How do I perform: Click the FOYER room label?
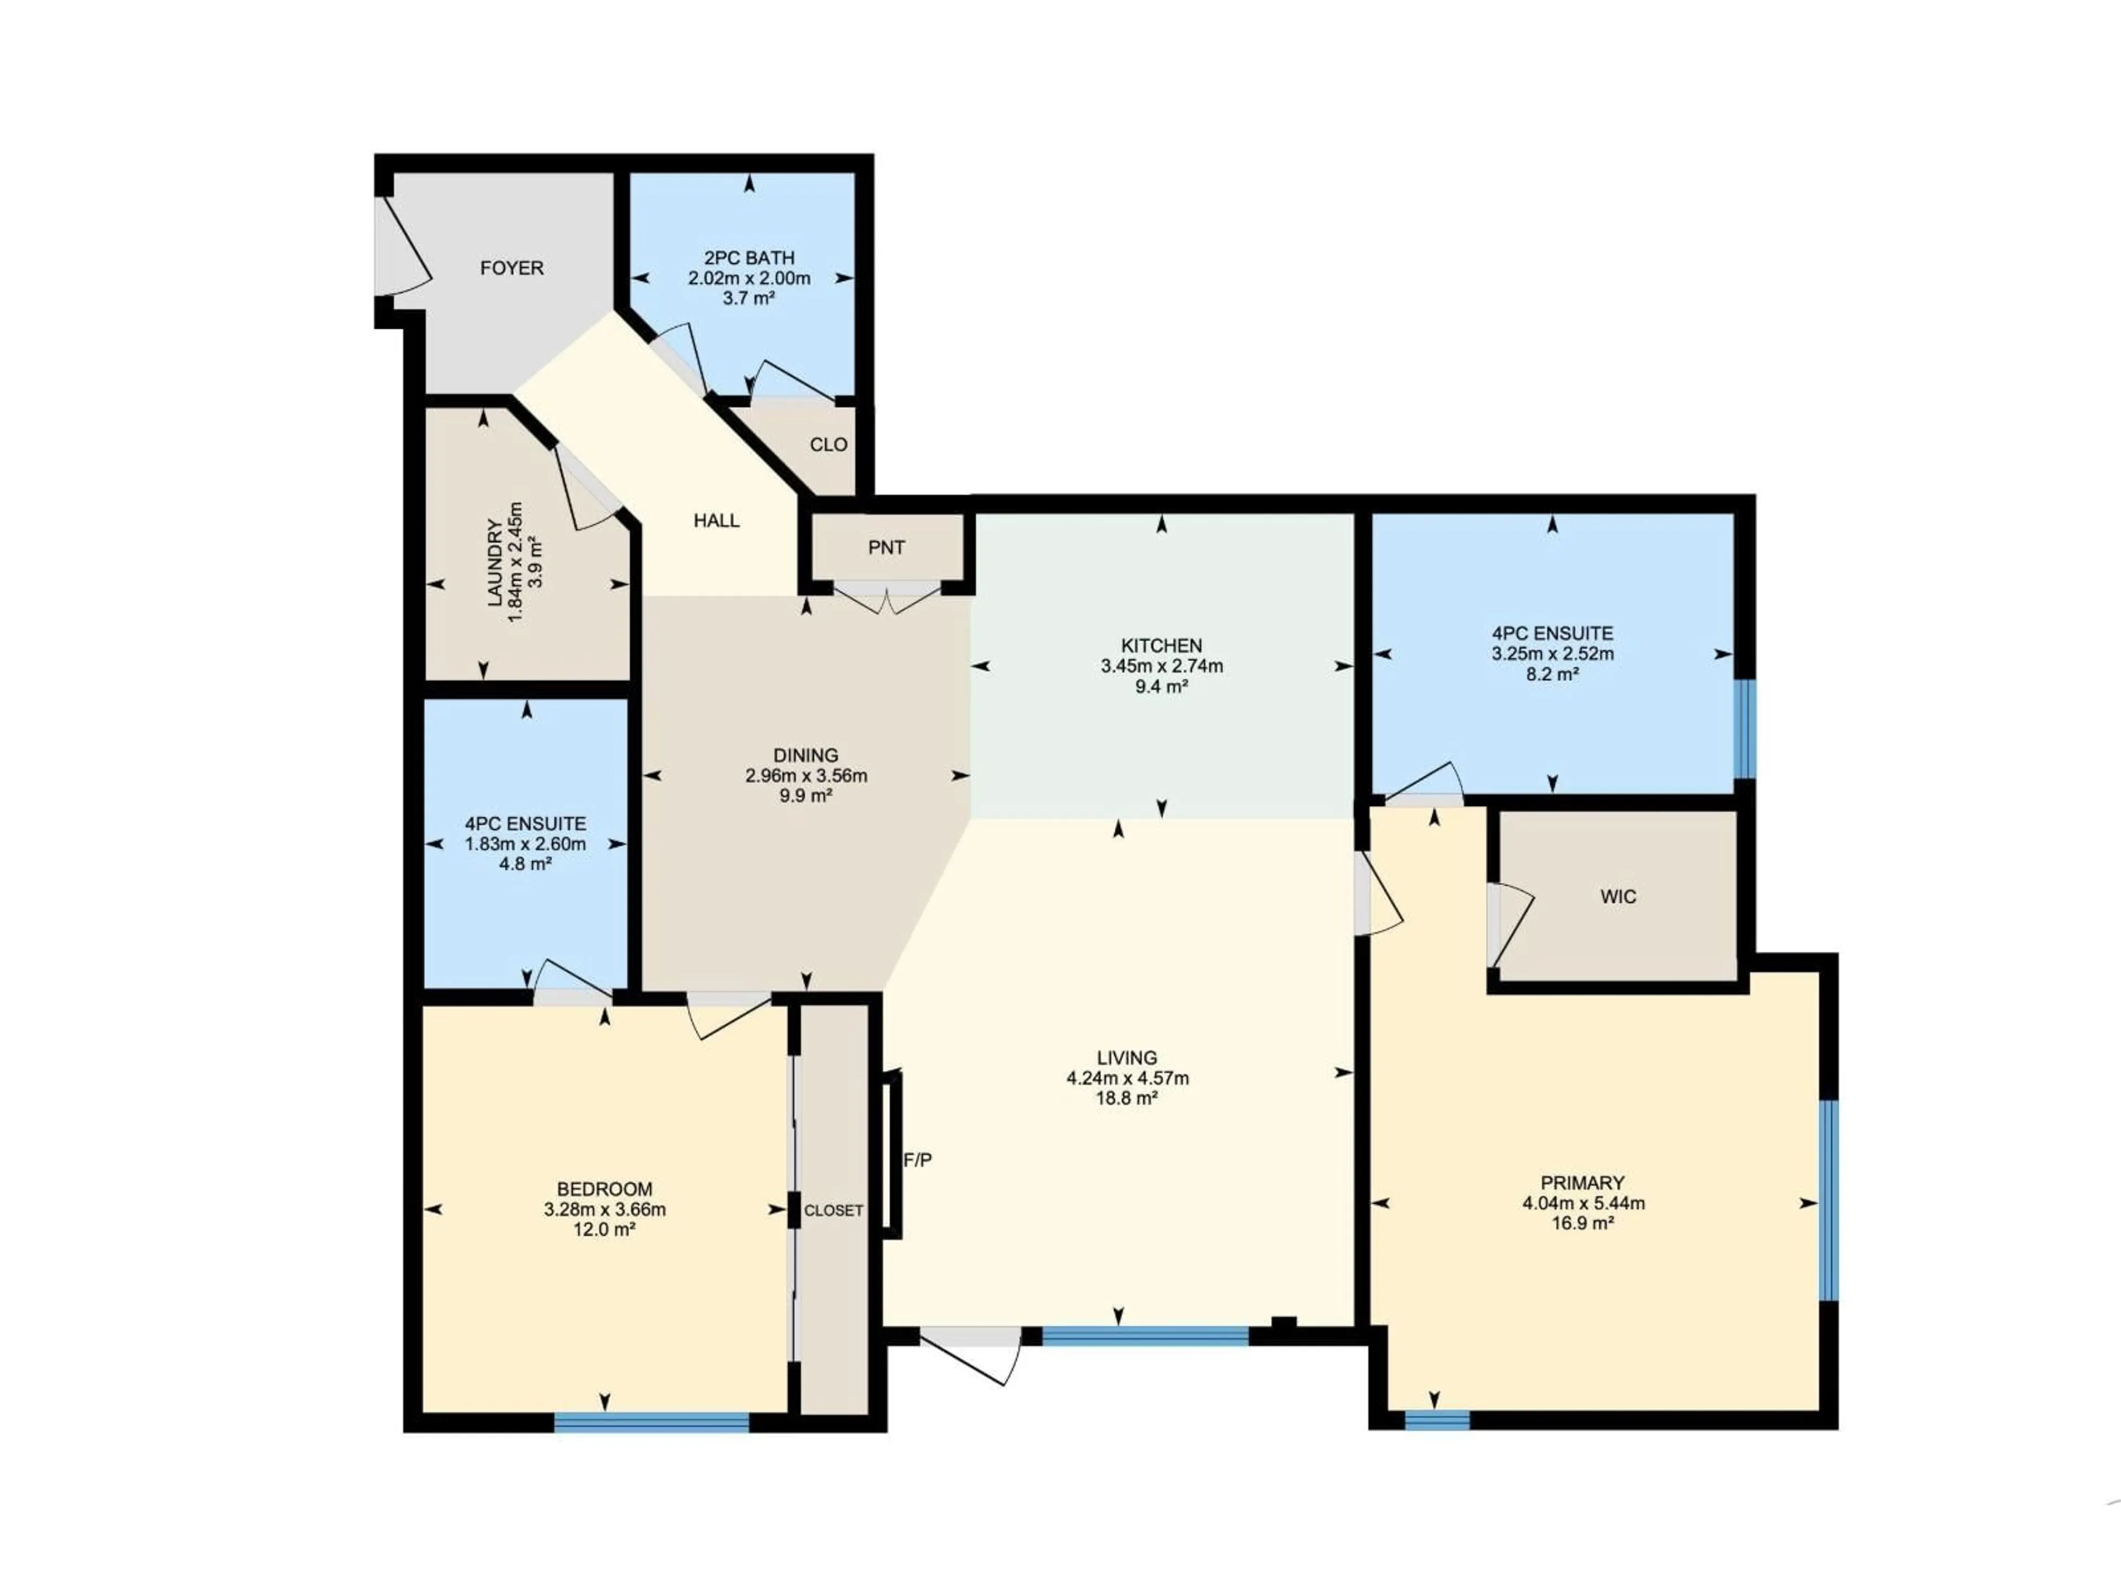point(511,267)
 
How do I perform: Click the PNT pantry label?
point(886,547)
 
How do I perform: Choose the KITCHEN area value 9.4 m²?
point(1161,686)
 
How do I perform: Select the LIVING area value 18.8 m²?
point(1127,1098)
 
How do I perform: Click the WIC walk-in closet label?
point(1618,897)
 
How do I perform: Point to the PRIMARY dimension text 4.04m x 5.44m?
point(1583,1203)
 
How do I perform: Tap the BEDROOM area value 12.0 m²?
point(604,1230)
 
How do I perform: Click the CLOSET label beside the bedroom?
point(833,1210)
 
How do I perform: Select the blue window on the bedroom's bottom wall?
point(651,1421)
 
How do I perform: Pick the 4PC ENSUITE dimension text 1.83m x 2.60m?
point(525,844)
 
